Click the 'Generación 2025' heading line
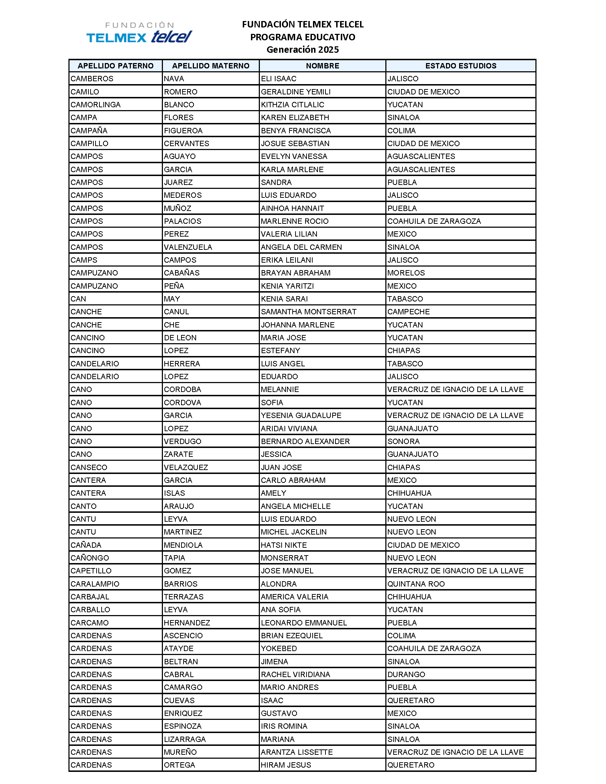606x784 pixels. point(302,50)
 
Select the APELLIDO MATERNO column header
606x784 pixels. point(210,66)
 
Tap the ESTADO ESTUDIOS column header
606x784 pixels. point(461,66)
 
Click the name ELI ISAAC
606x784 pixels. point(279,79)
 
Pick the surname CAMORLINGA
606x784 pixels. point(96,104)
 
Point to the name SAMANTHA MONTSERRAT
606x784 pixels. point(308,311)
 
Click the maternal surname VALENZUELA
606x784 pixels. point(188,247)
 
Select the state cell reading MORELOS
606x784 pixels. point(406,273)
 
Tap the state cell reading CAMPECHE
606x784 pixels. point(408,311)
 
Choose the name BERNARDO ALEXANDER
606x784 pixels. point(305,441)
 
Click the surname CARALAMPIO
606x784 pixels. point(95,584)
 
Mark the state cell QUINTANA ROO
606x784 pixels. point(416,584)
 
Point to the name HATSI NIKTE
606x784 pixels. point(284,545)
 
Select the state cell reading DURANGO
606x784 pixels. point(406,674)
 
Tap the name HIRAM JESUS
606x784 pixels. point(286,765)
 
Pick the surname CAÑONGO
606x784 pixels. point(90,558)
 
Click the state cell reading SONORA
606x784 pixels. point(403,441)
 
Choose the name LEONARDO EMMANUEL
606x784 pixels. point(304,623)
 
